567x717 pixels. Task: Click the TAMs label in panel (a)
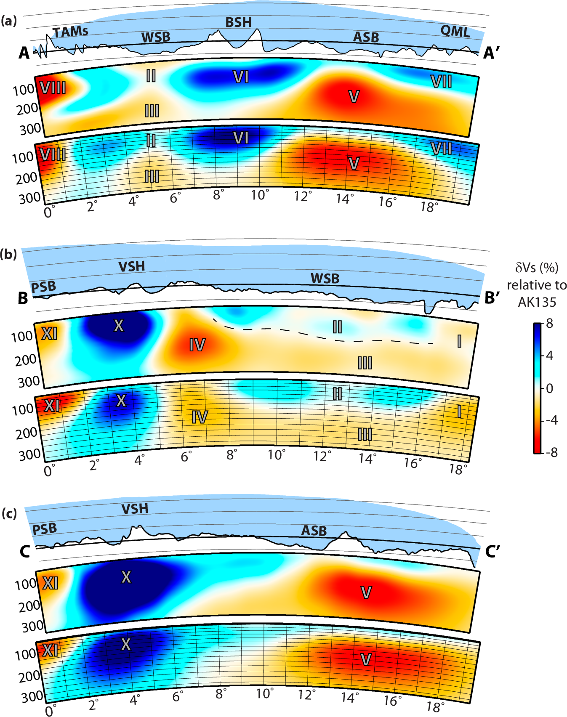click(x=70, y=32)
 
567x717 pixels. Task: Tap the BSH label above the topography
click(x=238, y=22)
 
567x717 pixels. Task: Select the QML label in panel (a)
click(x=455, y=31)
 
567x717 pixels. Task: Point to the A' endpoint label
click(x=492, y=53)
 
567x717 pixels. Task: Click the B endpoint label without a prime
click(x=23, y=298)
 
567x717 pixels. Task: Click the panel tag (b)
click(x=9, y=254)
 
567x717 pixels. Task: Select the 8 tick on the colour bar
click(x=549, y=324)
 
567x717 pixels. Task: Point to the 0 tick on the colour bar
click(x=549, y=388)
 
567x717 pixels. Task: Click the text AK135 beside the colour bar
click(x=537, y=302)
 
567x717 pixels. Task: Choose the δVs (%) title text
click(x=537, y=268)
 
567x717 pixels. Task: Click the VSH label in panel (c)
click(x=135, y=509)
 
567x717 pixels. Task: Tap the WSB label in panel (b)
click(x=325, y=278)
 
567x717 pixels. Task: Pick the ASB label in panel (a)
click(x=366, y=37)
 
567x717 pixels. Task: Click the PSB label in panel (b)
click(x=44, y=287)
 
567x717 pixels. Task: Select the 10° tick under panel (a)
click(x=260, y=195)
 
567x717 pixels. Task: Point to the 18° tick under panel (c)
click(x=435, y=706)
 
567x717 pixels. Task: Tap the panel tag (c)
click(x=9, y=513)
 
